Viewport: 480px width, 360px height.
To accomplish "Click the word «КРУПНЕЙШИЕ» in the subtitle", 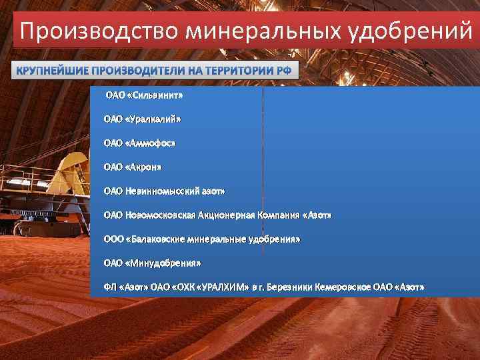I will (x=51, y=71).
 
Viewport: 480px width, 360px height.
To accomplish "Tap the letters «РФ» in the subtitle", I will (x=283, y=71).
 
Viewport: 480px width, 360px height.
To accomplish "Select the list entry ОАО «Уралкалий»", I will (x=142, y=119).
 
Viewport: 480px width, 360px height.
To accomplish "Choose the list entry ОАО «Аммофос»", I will (x=139, y=143).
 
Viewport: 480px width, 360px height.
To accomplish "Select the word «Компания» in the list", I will (x=278, y=215).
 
